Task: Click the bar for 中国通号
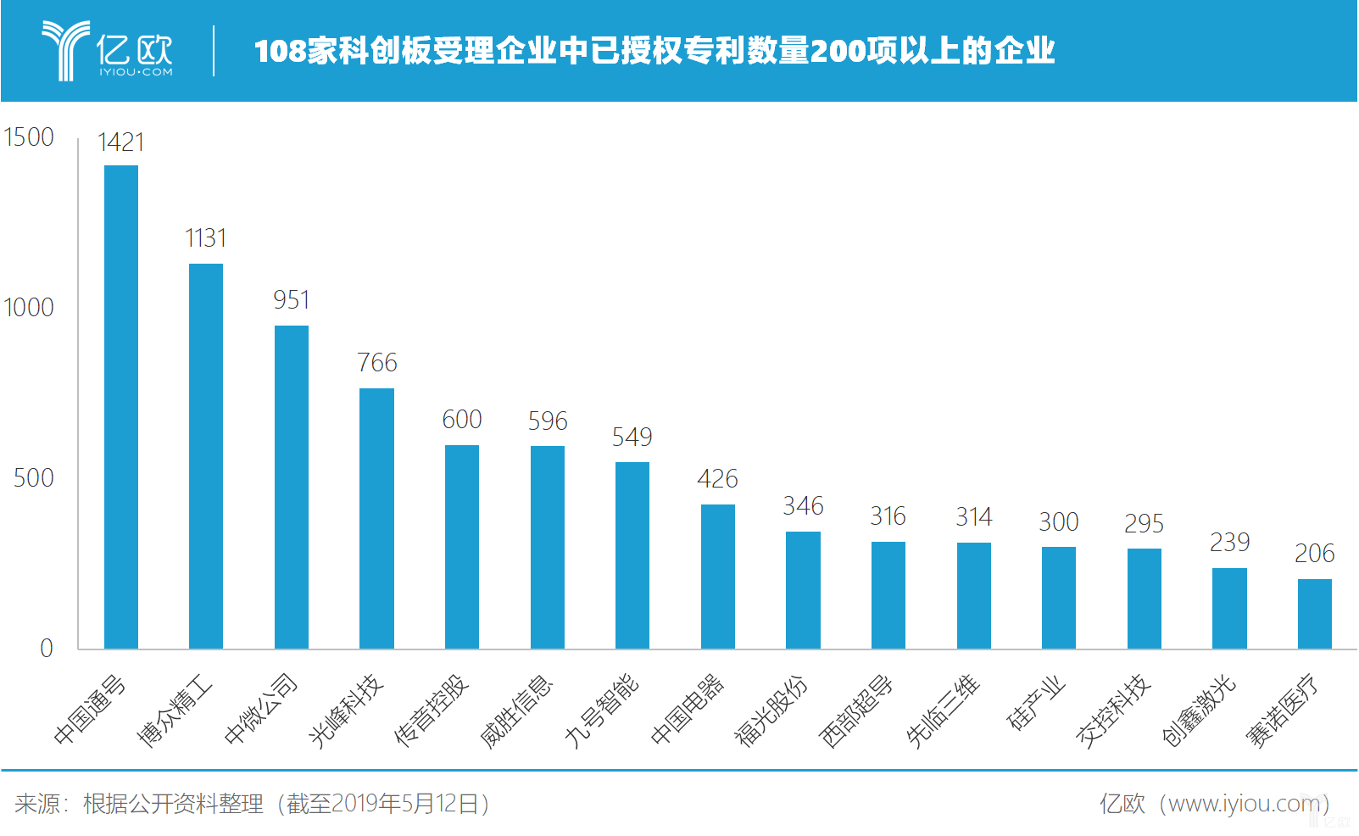pyautogui.click(x=121, y=407)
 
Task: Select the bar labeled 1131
pyautogui.click(x=206, y=456)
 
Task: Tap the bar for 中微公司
pyautogui.click(x=292, y=487)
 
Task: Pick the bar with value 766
pyautogui.click(x=376, y=518)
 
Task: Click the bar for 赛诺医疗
pyautogui.click(x=1314, y=614)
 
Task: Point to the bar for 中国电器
pyautogui.click(x=718, y=577)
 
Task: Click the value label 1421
pyautogui.click(x=121, y=142)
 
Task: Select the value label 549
pyautogui.click(x=632, y=438)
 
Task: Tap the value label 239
pyautogui.click(x=1229, y=543)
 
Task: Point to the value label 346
pyautogui.click(x=803, y=506)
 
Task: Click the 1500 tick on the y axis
pyautogui.click(x=29, y=137)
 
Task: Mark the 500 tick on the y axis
pyautogui.click(x=34, y=478)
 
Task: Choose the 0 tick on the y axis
pyautogui.click(x=47, y=649)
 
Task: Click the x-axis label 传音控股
pyautogui.click(x=432, y=711)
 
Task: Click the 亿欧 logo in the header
pyautogui.click(x=108, y=51)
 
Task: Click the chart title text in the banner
pyautogui.click(x=654, y=51)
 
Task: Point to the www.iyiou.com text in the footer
pyautogui.click(x=1243, y=804)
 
